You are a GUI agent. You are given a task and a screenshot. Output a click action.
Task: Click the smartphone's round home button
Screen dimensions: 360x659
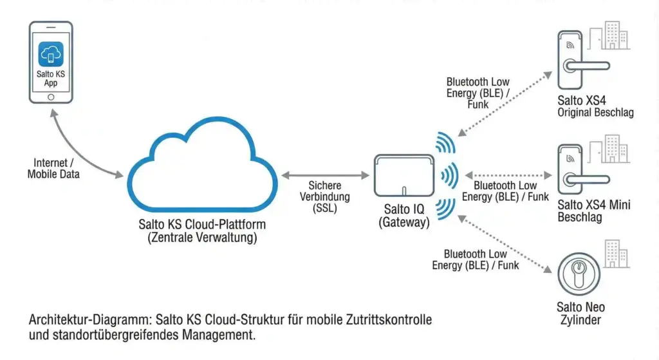tap(51, 97)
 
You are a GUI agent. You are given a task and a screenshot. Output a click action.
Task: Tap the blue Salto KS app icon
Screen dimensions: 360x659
tap(51, 54)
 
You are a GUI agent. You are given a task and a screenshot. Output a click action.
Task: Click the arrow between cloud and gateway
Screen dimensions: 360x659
tap(325, 174)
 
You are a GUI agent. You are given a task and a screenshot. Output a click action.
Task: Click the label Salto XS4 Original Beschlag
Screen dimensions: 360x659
tap(595, 106)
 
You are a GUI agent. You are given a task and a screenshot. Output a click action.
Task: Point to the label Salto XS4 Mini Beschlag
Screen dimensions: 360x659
tap(593, 211)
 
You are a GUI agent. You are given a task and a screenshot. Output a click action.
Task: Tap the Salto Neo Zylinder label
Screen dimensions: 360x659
tap(580, 314)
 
